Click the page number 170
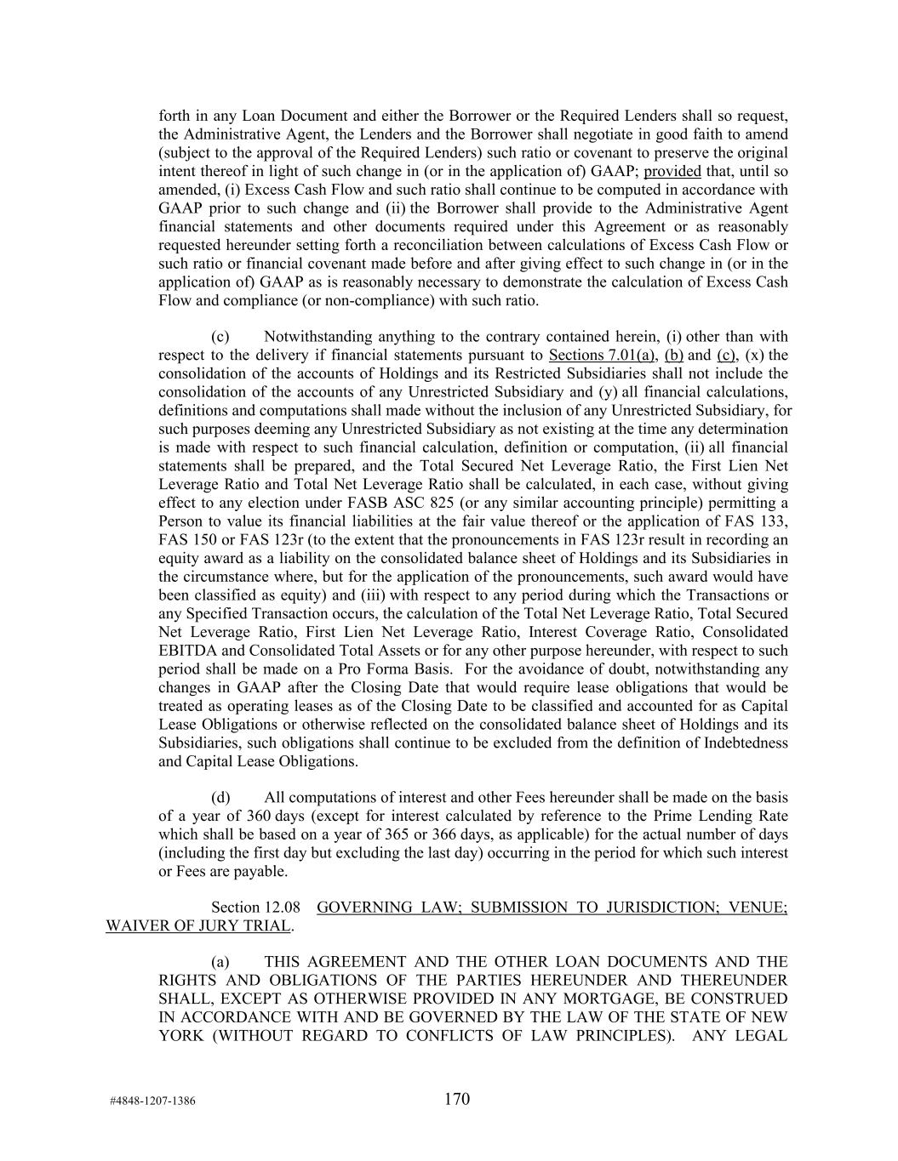click(456, 1099)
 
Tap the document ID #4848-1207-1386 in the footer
click(152, 1101)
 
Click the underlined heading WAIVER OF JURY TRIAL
click(198, 925)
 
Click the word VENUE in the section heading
click(758, 908)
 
